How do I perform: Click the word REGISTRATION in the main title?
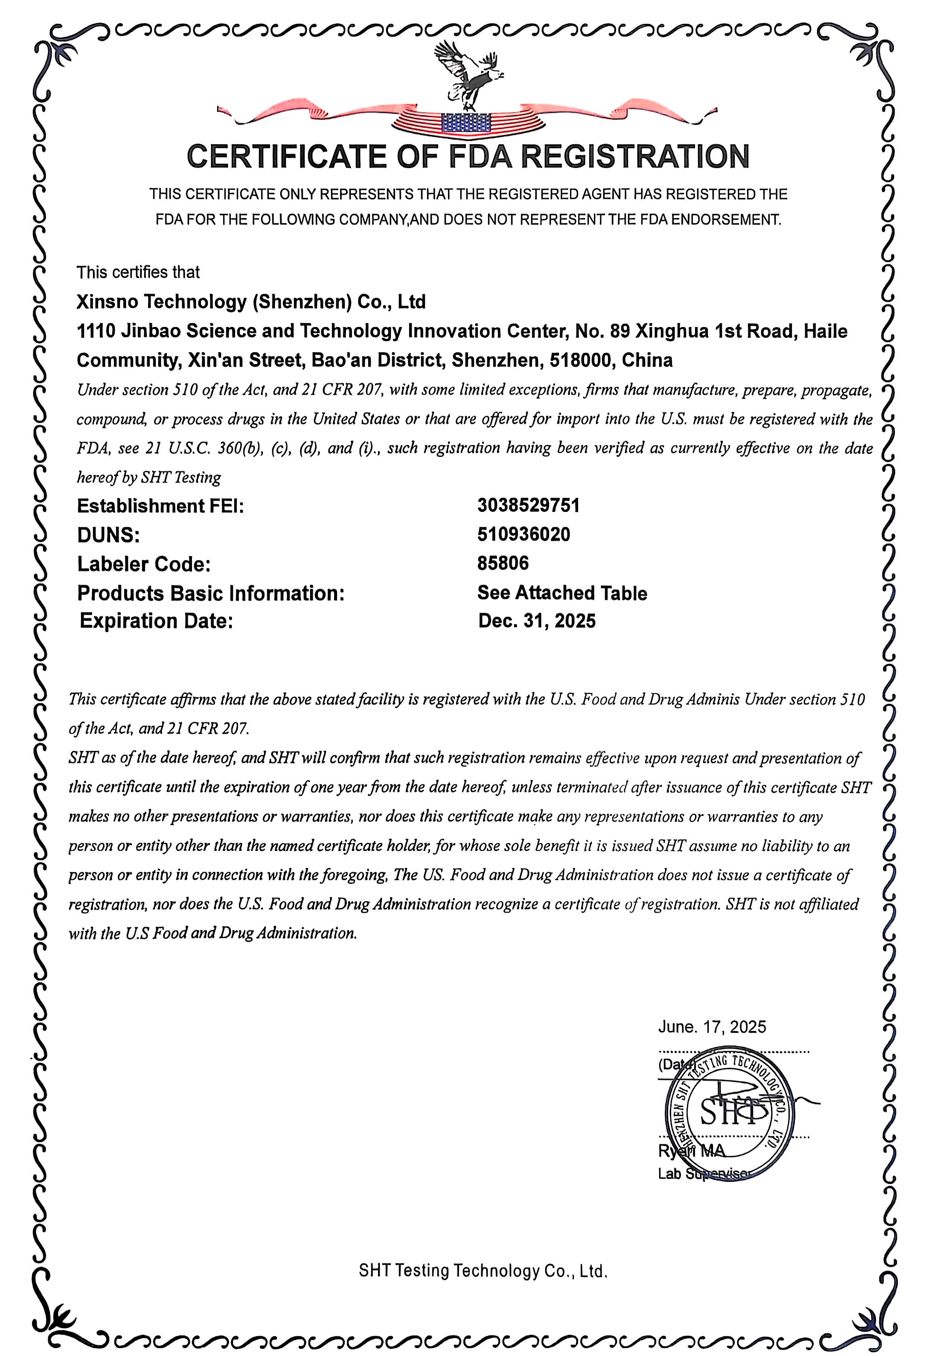(634, 156)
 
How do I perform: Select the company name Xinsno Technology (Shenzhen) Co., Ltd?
(251, 302)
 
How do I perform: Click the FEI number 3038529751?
(528, 505)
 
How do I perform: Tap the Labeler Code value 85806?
(503, 563)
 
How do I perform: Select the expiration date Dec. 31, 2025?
(537, 621)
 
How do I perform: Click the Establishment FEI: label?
(160, 506)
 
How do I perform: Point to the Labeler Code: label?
(143, 564)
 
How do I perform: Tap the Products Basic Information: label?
(210, 593)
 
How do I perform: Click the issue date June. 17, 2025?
(712, 1027)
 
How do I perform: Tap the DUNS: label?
(108, 535)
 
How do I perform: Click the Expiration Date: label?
(156, 621)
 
